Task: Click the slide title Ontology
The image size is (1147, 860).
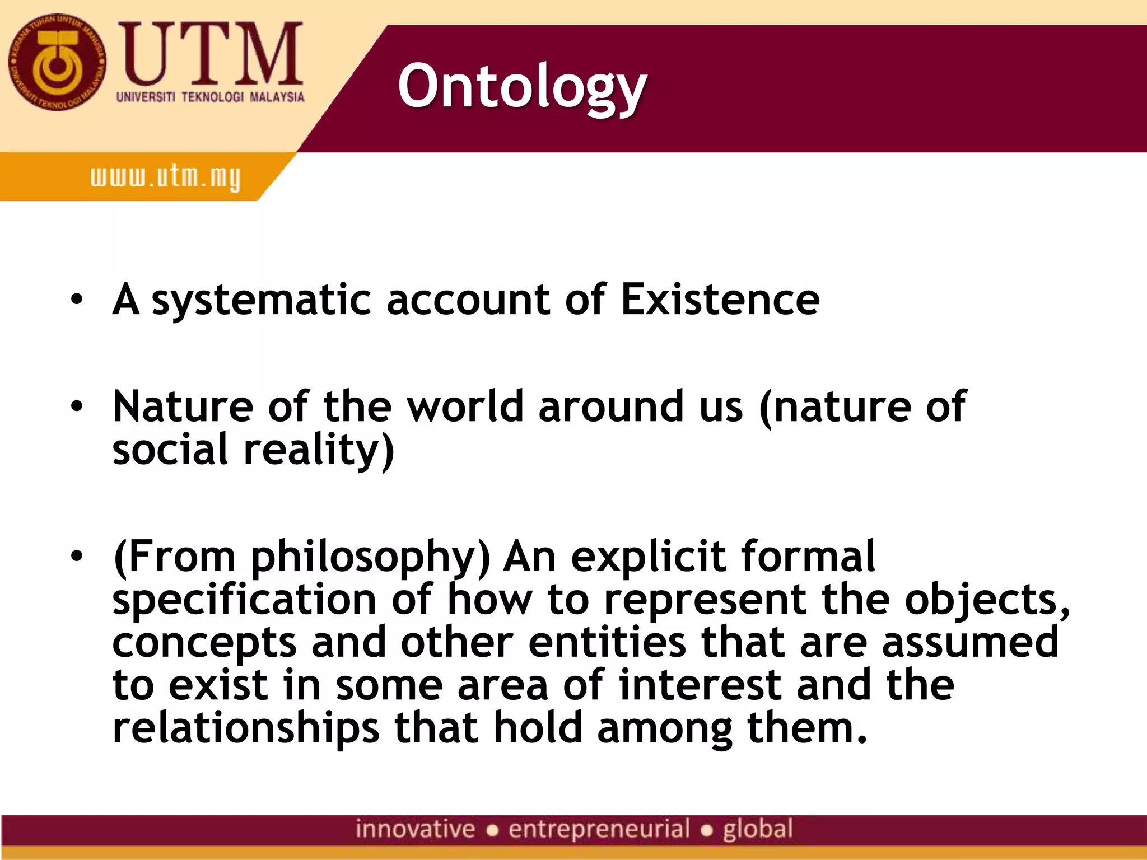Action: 522,87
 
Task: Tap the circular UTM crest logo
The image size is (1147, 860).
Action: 57,62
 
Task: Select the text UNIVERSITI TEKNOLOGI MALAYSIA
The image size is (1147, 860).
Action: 210,97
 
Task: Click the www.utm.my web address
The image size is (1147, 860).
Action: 165,177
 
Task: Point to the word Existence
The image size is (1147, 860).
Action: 720,300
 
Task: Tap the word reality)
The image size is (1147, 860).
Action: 319,450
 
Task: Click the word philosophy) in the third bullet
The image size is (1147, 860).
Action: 370,558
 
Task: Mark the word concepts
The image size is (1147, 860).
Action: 204,643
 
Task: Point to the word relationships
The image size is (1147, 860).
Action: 246,728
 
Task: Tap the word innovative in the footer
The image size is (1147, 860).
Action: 415,829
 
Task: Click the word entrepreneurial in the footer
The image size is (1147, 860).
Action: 599,829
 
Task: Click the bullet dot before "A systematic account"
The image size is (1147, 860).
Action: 77,300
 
